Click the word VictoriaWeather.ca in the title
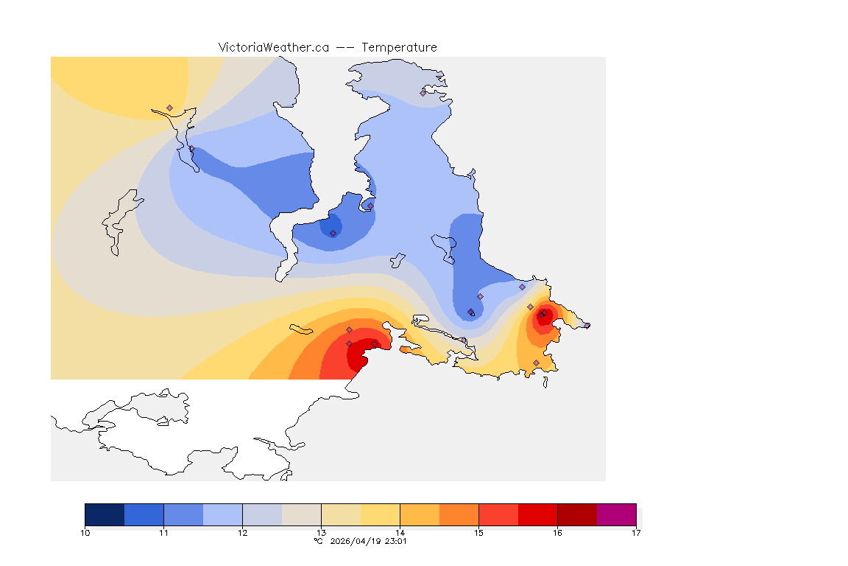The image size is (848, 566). click(273, 47)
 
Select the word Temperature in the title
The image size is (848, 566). click(399, 47)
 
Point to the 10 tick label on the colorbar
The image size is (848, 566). click(85, 533)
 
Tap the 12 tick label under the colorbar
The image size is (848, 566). click(243, 533)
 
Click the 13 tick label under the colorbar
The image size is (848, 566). click(322, 533)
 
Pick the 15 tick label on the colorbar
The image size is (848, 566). click(478, 533)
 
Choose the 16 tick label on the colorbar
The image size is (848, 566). click(557, 533)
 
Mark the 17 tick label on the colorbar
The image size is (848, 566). click(636, 533)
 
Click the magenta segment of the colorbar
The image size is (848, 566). click(616, 514)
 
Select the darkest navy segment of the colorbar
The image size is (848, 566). click(105, 514)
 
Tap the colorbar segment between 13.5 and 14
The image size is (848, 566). click(380, 514)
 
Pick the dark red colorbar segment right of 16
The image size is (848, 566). click(577, 514)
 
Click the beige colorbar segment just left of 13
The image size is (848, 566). click(302, 514)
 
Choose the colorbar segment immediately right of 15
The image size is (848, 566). click(498, 514)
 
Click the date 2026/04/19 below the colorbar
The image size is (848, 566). click(356, 541)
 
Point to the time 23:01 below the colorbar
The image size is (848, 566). click(396, 541)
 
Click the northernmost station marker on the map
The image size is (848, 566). click(423, 93)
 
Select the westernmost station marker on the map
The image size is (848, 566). click(169, 108)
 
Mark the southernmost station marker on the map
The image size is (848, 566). click(536, 363)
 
